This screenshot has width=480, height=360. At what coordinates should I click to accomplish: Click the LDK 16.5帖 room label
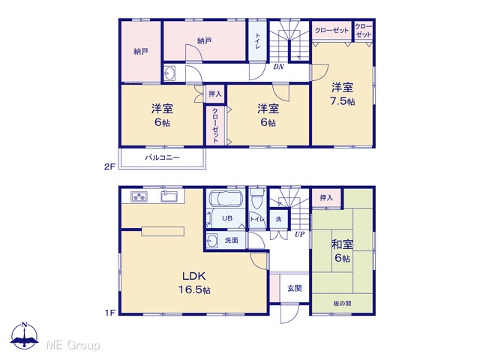[x=194, y=283]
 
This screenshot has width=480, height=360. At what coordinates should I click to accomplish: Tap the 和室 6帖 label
[x=342, y=251]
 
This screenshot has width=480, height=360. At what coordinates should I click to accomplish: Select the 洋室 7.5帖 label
[x=342, y=94]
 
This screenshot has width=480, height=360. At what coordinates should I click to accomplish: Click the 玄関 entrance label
[x=295, y=288]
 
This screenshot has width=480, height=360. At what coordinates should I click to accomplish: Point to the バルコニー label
[x=162, y=157]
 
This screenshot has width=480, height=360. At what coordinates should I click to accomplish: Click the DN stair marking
[x=278, y=67]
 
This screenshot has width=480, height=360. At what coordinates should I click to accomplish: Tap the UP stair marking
[x=300, y=234]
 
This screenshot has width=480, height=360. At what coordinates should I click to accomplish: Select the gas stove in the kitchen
[x=139, y=196]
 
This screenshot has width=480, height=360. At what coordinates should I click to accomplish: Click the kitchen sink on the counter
[x=169, y=196]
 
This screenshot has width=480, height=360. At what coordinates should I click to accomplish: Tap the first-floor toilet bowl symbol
[x=257, y=199]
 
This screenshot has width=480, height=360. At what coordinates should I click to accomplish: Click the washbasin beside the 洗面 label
[x=211, y=241]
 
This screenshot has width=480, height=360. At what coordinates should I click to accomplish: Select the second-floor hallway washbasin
[x=169, y=73]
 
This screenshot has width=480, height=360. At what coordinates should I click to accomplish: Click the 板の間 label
[x=342, y=303]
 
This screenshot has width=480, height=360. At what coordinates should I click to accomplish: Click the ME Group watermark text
[x=73, y=345]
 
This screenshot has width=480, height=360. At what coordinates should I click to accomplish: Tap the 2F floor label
[x=109, y=166]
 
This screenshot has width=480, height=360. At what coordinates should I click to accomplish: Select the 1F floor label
[x=109, y=313]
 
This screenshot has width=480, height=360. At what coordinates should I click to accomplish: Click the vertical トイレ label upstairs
[x=258, y=41]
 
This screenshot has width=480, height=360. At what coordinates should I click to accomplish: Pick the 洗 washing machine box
[x=278, y=219]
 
